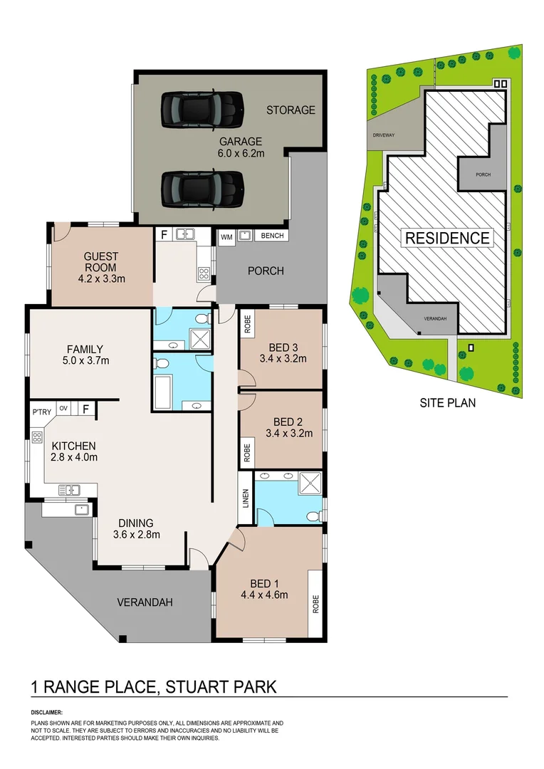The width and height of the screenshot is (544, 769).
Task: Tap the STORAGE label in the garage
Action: point(291,110)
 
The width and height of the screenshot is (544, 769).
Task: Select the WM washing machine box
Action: point(226,237)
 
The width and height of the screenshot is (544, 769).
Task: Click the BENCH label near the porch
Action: point(272,236)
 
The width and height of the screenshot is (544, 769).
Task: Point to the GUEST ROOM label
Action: point(100,262)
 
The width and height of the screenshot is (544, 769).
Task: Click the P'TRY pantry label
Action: point(42,412)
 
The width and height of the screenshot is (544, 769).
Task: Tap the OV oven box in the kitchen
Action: point(63,408)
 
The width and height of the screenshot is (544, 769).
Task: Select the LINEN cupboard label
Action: point(246,498)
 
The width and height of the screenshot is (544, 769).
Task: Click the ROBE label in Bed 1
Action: point(315,604)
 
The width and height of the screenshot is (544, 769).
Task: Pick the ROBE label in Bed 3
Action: point(247,324)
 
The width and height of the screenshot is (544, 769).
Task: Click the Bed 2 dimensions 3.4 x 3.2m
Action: point(289,434)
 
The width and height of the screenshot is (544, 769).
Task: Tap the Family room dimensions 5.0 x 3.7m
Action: point(85,361)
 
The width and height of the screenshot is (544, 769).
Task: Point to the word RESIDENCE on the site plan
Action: point(447,238)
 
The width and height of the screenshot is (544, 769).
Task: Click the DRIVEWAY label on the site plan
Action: point(384,135)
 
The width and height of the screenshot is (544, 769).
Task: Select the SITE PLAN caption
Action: point(447,403)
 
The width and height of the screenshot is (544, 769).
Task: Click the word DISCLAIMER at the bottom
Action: point(46,712)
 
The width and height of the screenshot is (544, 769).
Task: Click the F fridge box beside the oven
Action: point(86,408)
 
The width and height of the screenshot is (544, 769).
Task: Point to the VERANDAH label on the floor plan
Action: point(145,602)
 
